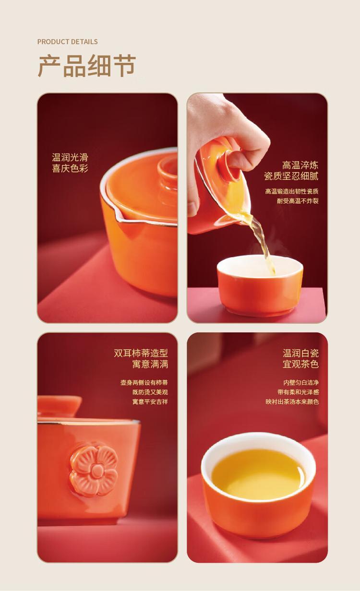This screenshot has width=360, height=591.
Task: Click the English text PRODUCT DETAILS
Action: point(67,42)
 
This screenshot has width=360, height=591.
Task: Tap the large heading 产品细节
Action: point(86,66)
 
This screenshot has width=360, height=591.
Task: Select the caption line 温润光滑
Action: point(70,157)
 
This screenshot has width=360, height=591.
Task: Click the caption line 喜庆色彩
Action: point(70,168)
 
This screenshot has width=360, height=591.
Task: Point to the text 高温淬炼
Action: point(300,165)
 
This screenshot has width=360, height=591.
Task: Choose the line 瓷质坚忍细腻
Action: point(291,176)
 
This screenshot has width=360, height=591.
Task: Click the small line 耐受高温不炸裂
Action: point(298,201)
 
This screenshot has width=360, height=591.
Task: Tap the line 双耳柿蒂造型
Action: point(141,353)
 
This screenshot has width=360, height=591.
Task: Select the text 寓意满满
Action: point(150,364)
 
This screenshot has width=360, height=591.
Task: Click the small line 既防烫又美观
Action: point(150,392)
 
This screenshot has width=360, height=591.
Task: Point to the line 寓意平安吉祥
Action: point(150,402)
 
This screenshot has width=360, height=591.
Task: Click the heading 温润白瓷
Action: point(300,353)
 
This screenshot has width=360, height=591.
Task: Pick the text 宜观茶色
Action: point(300,364)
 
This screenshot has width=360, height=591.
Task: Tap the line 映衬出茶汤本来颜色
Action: point(292,402)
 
